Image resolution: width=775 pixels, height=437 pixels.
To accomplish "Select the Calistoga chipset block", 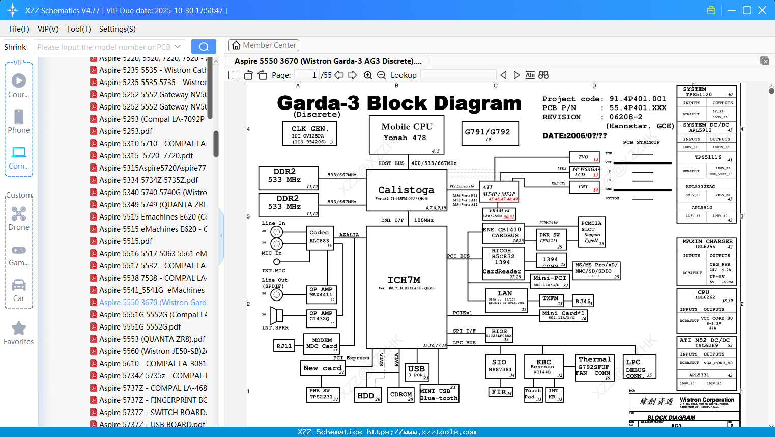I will pos(406,190).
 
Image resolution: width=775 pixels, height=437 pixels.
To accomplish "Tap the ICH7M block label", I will pos(404,280).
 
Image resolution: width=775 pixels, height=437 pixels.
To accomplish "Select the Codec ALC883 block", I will pos(320,237).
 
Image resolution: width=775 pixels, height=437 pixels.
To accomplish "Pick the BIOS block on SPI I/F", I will pos(499,334).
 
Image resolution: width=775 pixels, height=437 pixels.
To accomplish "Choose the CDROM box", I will pos(401,395).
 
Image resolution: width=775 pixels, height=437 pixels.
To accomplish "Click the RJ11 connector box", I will pos(284,346).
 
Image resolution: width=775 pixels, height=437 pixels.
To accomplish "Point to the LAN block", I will pos(505,301).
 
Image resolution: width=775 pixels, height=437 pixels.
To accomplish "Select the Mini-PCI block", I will pos(550,281).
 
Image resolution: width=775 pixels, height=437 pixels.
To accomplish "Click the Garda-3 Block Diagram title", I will pos(399,103).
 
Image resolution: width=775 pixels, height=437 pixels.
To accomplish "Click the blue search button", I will pos(204,47).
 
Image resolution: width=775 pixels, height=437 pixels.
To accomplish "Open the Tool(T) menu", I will pos(79,29).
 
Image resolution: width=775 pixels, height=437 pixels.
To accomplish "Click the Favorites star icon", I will pos(19,329).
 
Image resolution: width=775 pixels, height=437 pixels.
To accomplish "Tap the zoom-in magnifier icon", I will pos(368,75).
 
